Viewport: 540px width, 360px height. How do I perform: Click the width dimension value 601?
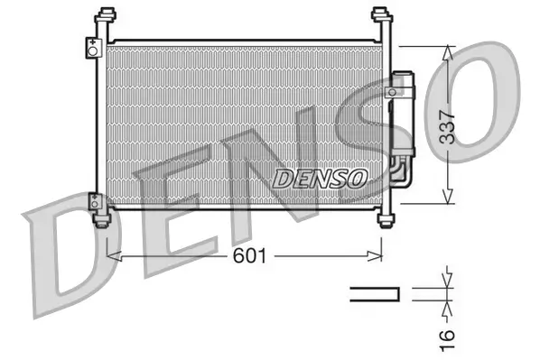[250, 256]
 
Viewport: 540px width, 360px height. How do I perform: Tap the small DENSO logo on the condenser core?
[320, 178]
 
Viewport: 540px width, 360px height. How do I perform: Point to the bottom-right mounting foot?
[387, 219]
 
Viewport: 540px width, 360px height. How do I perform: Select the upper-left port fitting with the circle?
[92, 49]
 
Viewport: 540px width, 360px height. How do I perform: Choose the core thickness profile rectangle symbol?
[375, 292]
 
